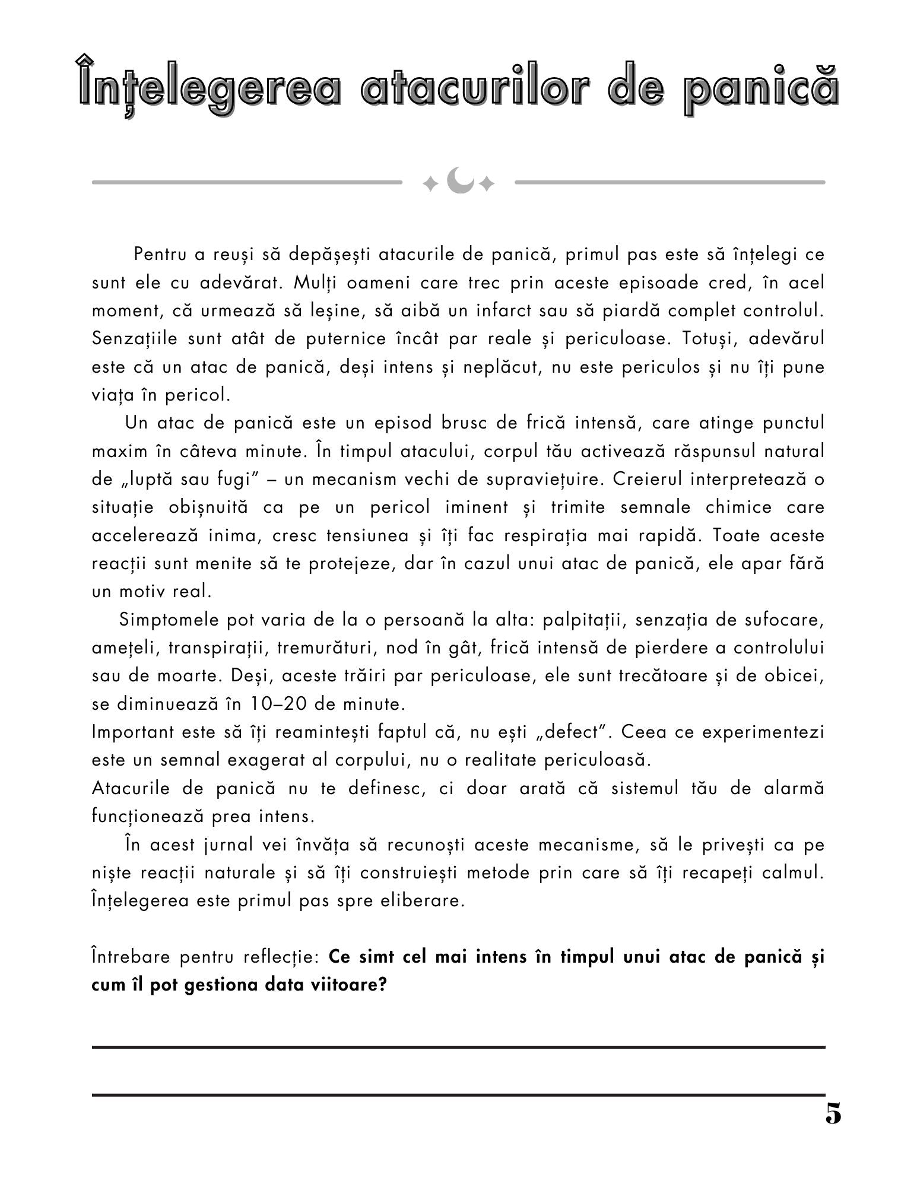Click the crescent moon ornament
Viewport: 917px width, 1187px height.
[459, 180]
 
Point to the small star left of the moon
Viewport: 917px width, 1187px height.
[429, 185]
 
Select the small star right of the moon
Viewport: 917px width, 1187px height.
[487, 185]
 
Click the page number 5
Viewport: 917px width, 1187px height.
[833, 1113]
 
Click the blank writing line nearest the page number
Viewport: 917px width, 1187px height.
[458, 1094]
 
